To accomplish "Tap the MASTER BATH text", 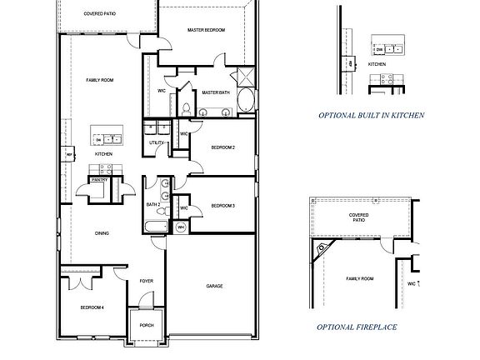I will pyautogui.click(x=217, y=92).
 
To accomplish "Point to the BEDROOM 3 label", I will pyautogui.click(x=222, y=206).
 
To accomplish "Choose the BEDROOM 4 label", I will pyautogui.click(x=91, y=307).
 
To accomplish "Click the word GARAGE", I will pyautogui.click(x=214, y=286).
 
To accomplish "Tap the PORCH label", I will pyautogui.click(x=147, y=325).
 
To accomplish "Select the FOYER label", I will pyautogui.click(x=147, y=282).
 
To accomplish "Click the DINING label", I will pyautogui.click(x=102, y=233).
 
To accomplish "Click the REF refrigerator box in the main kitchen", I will pyautogui.click(x=69, y=154).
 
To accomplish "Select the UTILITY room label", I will pyautogui.click(x=156, y=142).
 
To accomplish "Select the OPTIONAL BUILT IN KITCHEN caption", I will pyautogui.click(x=372, y=115).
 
